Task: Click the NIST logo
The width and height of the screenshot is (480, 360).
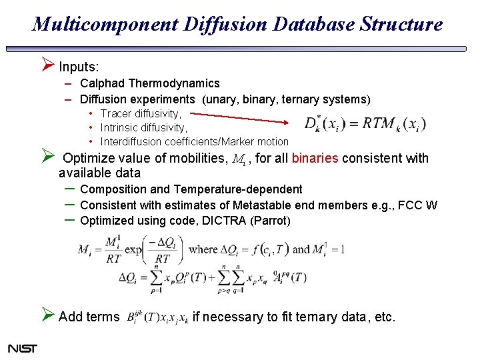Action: point(23,348)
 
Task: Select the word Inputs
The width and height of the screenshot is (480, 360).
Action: point(79,67)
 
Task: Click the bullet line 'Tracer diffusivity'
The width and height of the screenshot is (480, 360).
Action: point(140,114)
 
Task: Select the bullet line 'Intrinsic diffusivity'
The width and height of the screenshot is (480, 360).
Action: point(143,127)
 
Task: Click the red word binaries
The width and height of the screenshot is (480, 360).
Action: point(315,159)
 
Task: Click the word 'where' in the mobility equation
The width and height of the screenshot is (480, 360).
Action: point(203,249)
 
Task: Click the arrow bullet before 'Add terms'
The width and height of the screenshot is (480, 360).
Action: point(46,315)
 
